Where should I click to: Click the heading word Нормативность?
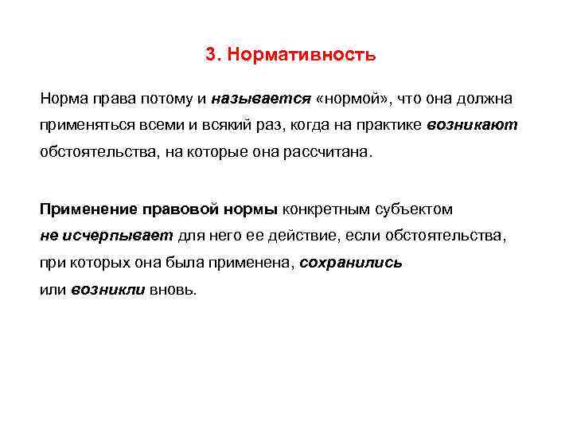pyautogui.click(x=301, y=55)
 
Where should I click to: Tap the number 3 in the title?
pyautogui.click(x=210, y=55)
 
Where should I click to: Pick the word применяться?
pyautogui.click(x=81, y=126)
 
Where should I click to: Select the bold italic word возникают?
pyautogui.click(x=473, y=126)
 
